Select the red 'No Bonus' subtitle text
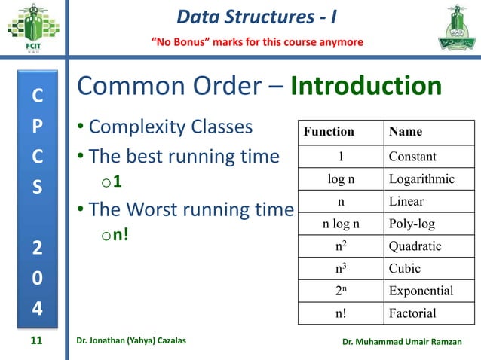click(259, 41)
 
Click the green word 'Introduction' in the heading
click(366, 87)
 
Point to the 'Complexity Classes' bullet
click(170, 127)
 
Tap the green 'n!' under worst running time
click(121, 236)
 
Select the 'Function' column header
click(329, 131)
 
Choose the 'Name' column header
click(406, 131)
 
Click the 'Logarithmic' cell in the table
click(421, 179)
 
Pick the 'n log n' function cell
click(341, 224)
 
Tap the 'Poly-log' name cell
click(412, 224)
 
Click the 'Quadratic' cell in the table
click(415, 246)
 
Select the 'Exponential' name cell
click(421, 291)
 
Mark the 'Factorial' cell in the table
click(412, 313)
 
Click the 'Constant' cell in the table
click(412, 157)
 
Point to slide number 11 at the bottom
click(35, 341)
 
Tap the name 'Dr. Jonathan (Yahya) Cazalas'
click(132, 342)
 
